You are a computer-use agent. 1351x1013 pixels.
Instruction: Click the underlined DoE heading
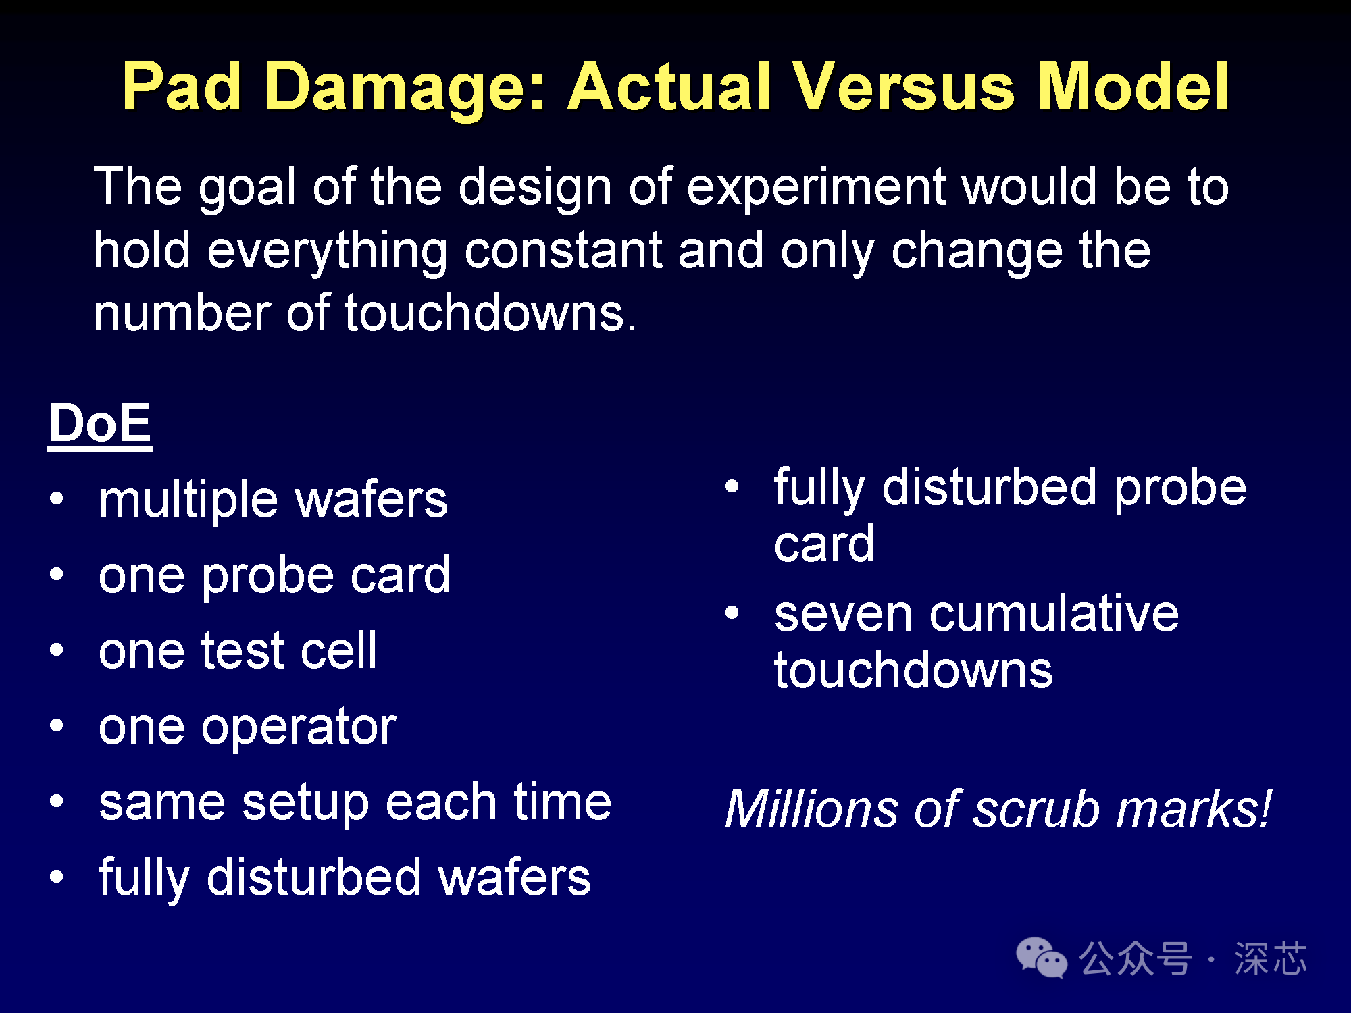point(100,423)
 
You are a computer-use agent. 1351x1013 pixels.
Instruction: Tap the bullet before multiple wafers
point(57,499)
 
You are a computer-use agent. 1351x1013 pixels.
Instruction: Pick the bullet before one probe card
point(57,575)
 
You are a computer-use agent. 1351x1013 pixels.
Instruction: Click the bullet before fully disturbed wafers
point(57,877)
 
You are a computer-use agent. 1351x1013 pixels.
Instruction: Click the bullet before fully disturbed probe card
point(732,486)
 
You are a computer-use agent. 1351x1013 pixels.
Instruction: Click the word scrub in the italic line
point(1036,808)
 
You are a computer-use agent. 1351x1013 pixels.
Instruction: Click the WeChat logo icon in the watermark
point(1041,958)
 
